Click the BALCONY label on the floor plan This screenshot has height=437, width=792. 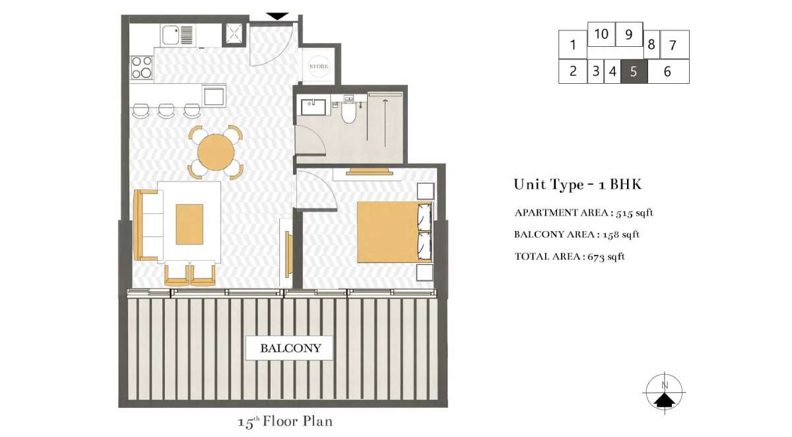coord(290,349)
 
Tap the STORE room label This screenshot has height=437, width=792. coord(319,66)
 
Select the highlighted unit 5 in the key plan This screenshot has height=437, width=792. coord(634,71)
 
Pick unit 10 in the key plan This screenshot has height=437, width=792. coord(601,34)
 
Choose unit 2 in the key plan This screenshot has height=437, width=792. coord(573,71)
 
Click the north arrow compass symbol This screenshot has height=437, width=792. coord(665,393)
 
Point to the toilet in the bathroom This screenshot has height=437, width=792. coord(348,110)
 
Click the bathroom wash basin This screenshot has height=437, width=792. coord(313,107)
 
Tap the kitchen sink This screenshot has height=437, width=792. coord(178,34)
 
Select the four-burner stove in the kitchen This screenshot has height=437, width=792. coord(141,67)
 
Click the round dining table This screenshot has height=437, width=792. coord(216,152)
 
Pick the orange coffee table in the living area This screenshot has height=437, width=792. coord(189,224)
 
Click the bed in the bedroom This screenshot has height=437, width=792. coord(395,232)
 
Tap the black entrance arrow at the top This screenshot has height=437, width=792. coord(278,17)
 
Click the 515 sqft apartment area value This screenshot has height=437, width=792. coord(634,213)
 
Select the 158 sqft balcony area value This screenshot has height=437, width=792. coord(621,234)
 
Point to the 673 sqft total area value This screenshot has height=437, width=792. coord(606,256)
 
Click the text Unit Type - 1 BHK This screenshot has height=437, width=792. coord(577,185)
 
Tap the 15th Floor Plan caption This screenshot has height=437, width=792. coord(285,422)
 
